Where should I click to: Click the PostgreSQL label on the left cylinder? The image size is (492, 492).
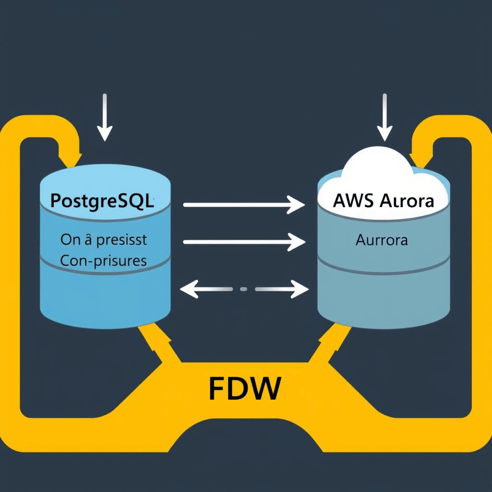[x=102, y=200]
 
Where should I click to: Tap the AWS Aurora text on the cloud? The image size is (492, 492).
[x=383, y=201]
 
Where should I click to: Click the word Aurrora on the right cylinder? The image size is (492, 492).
[x=381, y=240]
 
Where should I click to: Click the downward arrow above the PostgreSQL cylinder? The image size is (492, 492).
[x=104, y=118]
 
